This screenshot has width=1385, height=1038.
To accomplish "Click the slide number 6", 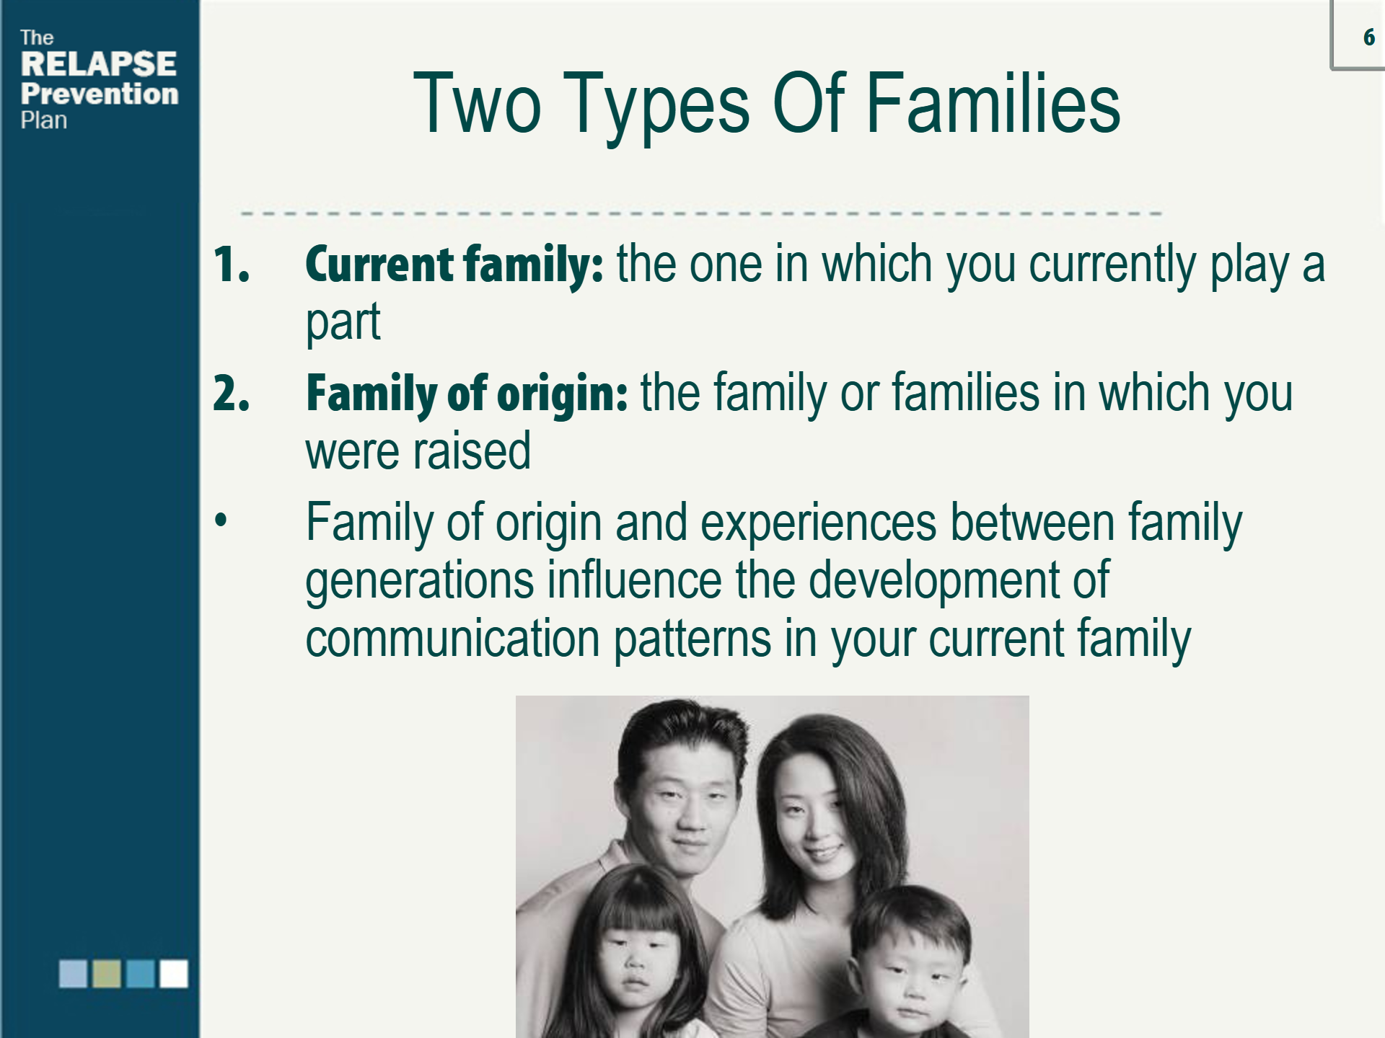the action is click(x=1368, y=37).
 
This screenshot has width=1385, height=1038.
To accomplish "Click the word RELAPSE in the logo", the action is click(x=99, y=64).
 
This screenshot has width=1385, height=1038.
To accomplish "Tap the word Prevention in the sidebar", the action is click(x=100, y=94).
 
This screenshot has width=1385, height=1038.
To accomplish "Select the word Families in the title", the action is click(x=993, y=104).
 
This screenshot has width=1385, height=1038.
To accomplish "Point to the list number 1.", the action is click(x=232, y=265).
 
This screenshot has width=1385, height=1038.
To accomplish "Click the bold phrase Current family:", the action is click(x=454, y=266).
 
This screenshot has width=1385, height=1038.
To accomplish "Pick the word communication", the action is click(x=453, y=639).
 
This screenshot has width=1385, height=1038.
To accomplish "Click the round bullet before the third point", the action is click(x=221, y=520).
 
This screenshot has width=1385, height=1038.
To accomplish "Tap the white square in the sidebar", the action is click(x=174, y=974).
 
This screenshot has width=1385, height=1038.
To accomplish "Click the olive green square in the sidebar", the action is click(x=107, y=974).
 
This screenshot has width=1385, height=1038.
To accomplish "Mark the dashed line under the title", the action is click(x=701, y=213).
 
